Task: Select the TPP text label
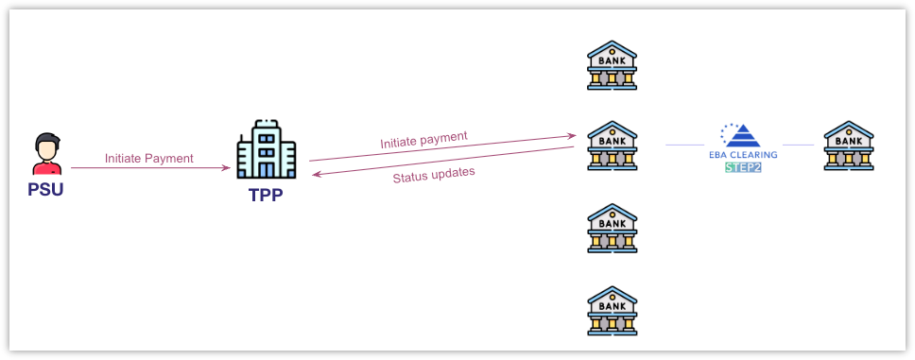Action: [266, 197]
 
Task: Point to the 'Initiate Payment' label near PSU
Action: [149, 158]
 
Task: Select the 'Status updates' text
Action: [434, 174]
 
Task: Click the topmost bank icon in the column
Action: [612, 64]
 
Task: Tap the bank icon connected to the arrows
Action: [612, 146]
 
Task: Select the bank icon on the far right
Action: [848, 146]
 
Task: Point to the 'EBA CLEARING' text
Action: [742, 155]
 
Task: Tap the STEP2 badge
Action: [742, 167]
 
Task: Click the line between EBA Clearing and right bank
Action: [799, 145]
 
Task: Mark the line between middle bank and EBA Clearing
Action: [684, 145]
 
